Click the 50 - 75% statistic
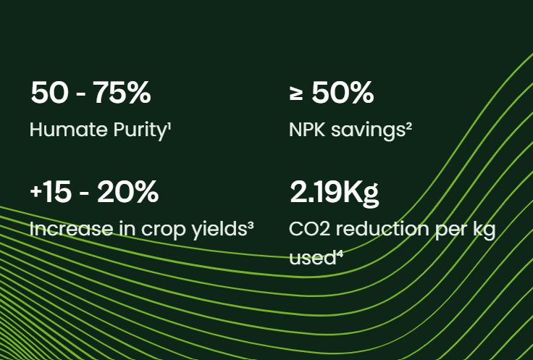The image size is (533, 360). point(91,93)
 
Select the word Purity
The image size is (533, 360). point(140,131)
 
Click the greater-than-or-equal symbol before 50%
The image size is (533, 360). point(296,93)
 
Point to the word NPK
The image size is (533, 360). point(307,130)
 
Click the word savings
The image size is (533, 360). point(368,131)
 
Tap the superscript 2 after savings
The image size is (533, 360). point(409,127)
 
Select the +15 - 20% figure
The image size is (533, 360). point(94,192)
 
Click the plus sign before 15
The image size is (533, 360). point(35,192)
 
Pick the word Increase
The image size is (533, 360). point(71,229)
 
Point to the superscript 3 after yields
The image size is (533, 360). point(251,226)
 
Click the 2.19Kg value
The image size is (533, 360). point(334,193)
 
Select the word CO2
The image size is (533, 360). point(309,229)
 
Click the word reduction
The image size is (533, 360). point(382,229)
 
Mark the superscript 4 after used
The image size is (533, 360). point(340,255)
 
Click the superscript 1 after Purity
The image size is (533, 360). point(169,127)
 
